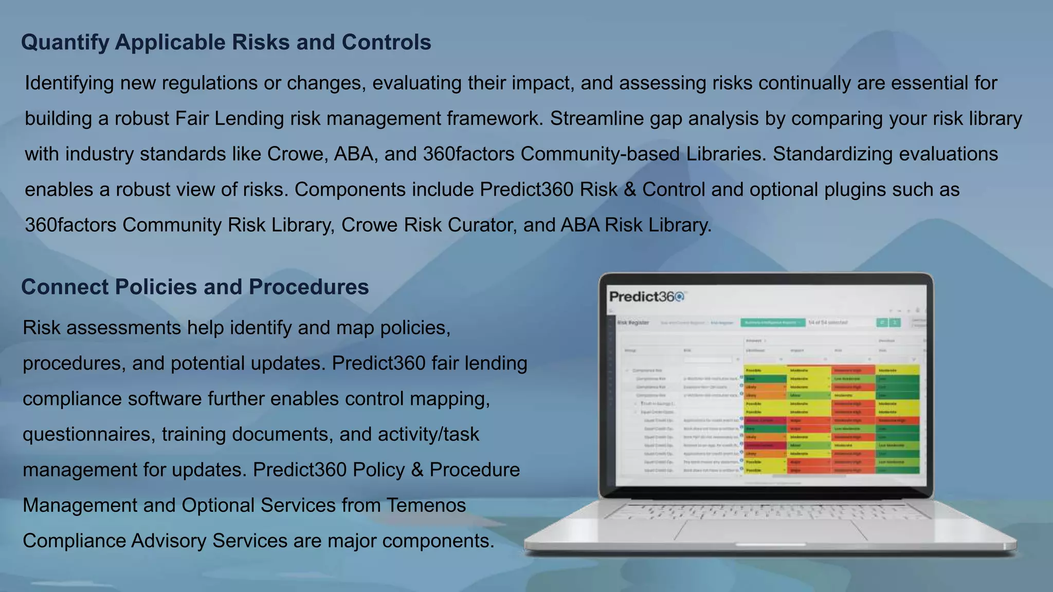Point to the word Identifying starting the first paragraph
tap(69, 83)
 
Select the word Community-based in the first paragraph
tap(600, 154)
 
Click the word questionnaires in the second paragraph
tap(89, 435)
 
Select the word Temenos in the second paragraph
tap(426, 506)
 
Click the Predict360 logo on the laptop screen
tap(647, 297)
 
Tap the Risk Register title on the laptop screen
tap(633, 323)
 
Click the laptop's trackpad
tap(770, 531)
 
